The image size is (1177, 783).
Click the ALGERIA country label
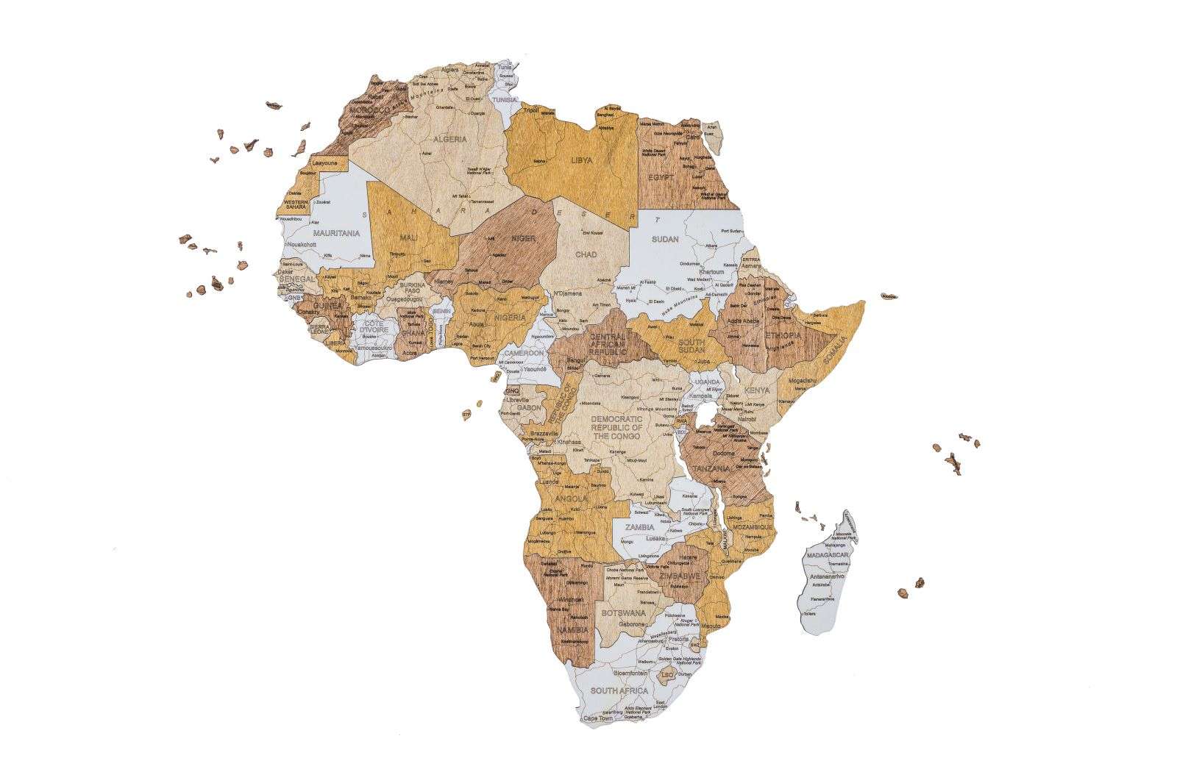tap(449, 140)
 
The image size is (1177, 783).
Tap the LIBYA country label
tap(582, 160)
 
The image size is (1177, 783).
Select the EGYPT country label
tap(661, 177)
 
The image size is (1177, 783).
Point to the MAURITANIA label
tap(336, 233)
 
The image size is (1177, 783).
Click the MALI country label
tap(409, 237)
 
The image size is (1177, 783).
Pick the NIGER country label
tap(523, 239)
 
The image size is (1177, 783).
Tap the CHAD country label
tap(586, 254)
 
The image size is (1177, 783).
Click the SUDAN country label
tap(665, 240)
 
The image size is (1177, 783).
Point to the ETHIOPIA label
tap(783, 335)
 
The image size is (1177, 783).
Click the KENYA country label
tap(757, 390)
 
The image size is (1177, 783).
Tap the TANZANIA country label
tap(710, 468)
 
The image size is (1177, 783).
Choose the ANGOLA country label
tap(571, 498)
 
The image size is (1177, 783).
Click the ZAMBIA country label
tap(639, 528)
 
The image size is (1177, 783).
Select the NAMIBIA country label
tap(572, 630)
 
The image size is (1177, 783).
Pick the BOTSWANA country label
tap(623, 612)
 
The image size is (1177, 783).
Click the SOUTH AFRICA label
tap(619, 690)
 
